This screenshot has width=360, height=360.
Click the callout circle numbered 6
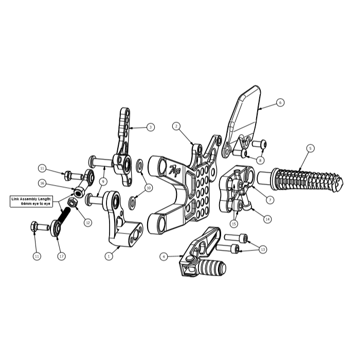[280, 102]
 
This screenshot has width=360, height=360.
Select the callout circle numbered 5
[310, 148]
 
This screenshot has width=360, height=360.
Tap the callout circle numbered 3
[150, 127]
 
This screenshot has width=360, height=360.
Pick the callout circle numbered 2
[176, 126]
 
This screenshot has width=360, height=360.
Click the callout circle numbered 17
[61, 256]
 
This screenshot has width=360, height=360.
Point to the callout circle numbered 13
[263, 249]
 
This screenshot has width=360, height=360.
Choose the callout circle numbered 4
[164, 256]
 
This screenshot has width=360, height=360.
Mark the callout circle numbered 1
[109, 256]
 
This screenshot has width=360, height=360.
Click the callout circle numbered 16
[42, 183]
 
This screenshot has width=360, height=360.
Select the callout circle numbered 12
[88, 223]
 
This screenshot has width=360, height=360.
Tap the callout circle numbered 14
[267, 219]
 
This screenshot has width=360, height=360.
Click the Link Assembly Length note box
[31, 202]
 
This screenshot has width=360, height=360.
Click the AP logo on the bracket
[175, 171]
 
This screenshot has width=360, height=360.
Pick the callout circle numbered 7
[270, 200]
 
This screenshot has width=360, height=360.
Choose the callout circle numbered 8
[260, 160]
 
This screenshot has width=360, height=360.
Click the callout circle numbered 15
[233, 223]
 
